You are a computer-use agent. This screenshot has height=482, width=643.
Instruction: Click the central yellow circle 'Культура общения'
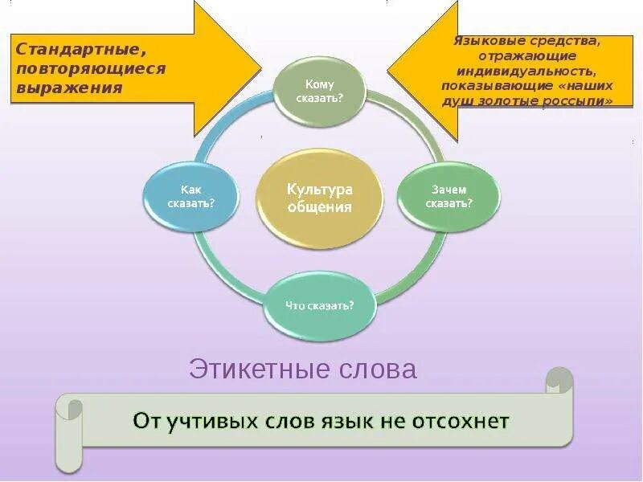click(319, 197)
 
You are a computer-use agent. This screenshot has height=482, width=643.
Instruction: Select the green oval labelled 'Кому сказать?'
click(319, 91)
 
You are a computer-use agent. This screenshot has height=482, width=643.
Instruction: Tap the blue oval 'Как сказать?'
click(190, 197)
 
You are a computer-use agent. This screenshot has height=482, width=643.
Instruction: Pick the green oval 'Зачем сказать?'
click(448, 197)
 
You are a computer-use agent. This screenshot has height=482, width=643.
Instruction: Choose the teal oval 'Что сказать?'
click(320, 305)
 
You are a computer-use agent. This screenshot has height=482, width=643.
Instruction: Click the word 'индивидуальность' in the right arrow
click(526, 70)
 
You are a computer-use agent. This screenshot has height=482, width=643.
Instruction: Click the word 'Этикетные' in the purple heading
click(247, 370)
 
